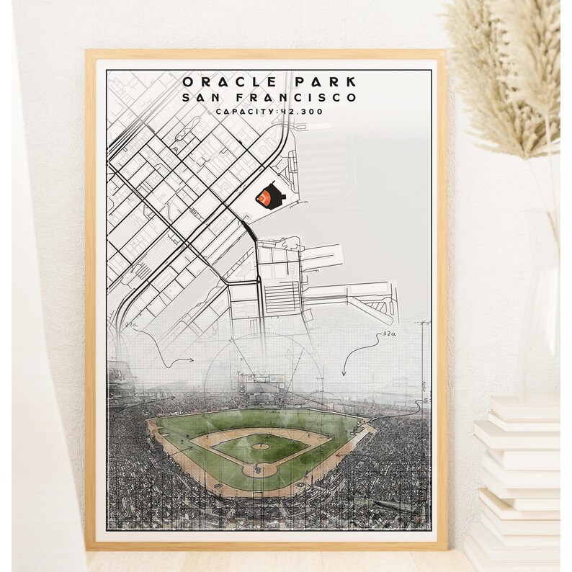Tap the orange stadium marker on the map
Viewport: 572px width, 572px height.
268,195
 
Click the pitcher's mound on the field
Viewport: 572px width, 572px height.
262,446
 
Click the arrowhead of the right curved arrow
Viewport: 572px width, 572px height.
344,375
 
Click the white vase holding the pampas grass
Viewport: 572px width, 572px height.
542,303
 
